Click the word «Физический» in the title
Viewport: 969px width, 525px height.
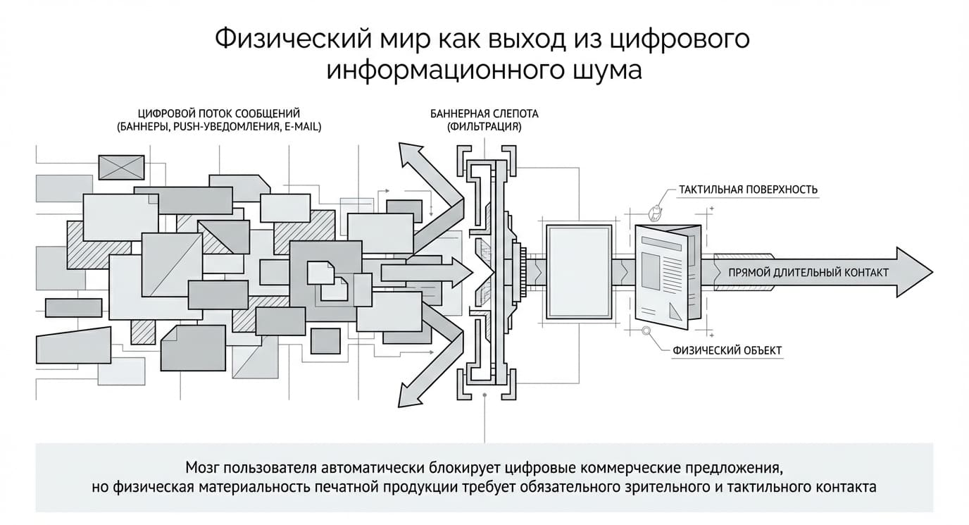[293, 39]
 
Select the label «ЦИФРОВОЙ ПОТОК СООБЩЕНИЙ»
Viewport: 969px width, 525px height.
[219, 113]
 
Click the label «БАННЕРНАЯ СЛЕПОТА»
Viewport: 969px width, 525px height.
[484, 114]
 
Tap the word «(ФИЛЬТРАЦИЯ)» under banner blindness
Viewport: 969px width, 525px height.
[484, 127]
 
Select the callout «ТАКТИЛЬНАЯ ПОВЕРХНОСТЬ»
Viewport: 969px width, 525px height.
[748, 190]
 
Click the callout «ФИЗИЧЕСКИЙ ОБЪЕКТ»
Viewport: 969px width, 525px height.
[727, 350]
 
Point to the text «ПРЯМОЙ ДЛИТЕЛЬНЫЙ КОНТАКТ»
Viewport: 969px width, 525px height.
[808, 273]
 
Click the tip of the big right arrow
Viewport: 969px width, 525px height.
[932, 272]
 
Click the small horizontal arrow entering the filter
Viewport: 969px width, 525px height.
[427, 273]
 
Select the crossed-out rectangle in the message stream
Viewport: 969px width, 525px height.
[122, 167]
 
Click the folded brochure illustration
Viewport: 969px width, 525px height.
[668, 276]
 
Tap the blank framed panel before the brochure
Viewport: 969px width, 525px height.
[580, 272]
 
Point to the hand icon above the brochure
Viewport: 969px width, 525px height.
[655, 213]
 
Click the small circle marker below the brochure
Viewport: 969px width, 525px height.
[646, 331]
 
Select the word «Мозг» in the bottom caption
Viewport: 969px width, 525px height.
[204, 468]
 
